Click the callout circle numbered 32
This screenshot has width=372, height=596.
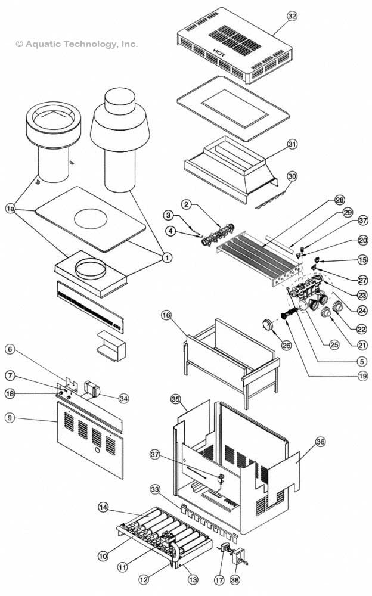pyautogui.click(x=292, y=16)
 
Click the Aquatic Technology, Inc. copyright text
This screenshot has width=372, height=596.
pyautogui.click(x=77, y=44)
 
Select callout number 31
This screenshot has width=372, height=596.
pyautogui.click(x=292, y=144)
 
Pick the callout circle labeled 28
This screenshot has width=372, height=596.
pyautogui.click(x=339, y=200)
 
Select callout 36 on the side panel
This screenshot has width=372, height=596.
pyautogui.click(x=321, y=442)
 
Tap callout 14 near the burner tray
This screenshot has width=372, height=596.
pyautogui.click(x=104, y=507)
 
